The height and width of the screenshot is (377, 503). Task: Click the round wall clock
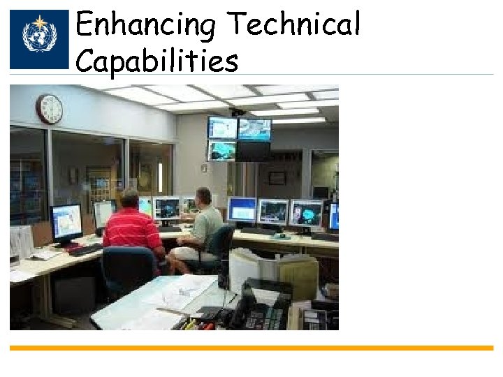pyautogui.click(x=50, y=109)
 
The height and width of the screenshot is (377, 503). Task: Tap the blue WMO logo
pyautogui.click(x=39, y=39)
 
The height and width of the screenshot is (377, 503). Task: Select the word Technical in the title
pyautogui.click(x=295, y=25)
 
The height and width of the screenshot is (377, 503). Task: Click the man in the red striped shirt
pyautogui.click(x=132, y=228)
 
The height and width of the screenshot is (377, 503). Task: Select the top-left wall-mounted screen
pyautogui.click(x=222, y=128)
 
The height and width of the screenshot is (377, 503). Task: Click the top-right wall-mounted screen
pyautogui.click(x=254, y=128)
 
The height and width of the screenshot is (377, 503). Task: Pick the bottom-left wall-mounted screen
pyautogui.click(x=222, y=151)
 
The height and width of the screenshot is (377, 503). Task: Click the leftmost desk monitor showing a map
pyautogui.click(x=66, y=221)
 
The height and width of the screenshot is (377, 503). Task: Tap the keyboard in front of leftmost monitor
pyautogui.click(x=85, y=249)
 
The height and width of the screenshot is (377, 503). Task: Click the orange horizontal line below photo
pyautogui.click(x=251, y=348)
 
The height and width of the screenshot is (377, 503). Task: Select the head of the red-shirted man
pyautogui.click(x=130, y=198)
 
